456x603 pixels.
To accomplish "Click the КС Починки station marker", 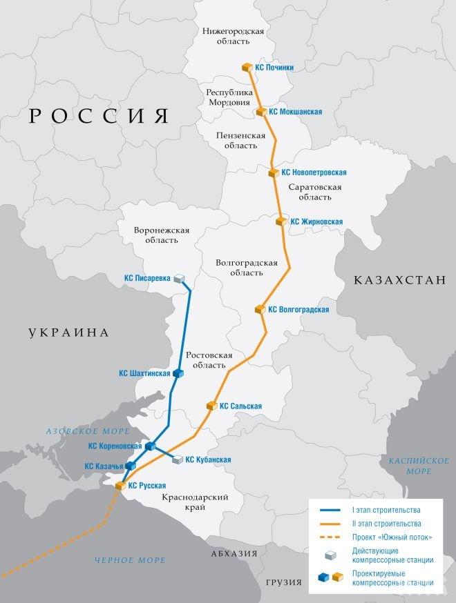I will [247, 67].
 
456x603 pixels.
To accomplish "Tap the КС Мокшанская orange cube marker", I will [261, 111].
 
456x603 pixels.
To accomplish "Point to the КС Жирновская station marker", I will [281, 221].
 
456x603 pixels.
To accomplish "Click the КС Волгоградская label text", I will [298, 310].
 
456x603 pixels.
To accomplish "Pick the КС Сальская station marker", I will [211, 406].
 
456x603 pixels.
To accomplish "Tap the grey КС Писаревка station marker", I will [180, 279].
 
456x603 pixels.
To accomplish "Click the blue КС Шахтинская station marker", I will [178, 373].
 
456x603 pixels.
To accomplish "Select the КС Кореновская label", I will [115, 446].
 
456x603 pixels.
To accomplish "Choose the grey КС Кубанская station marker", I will [178, 459].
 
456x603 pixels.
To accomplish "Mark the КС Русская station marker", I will [120, 486].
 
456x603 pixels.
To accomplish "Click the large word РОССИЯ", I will [99, 116].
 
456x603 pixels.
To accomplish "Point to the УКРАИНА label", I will [69, 333].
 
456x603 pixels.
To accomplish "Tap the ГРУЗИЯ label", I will [284, 584].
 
